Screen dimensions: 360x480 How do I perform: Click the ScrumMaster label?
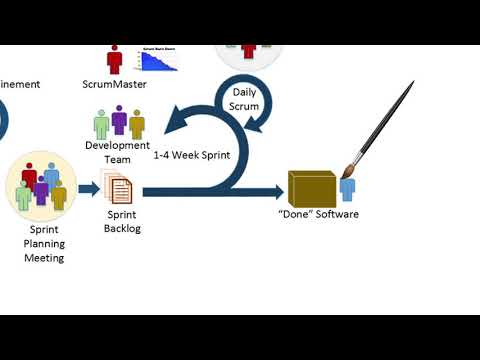[x=114, y=84]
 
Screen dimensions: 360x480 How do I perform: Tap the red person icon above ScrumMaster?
[x=115, y=59]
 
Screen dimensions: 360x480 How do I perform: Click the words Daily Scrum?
[x=244, y=99]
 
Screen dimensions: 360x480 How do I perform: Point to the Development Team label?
[x=117, y=152]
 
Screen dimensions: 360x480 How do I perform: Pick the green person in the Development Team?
[x=101, y=125]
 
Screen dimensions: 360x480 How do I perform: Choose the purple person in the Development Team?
[x=119, y=122]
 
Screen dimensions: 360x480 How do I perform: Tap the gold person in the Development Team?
[x=136, y=125]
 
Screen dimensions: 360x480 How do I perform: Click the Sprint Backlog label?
[x=122, y=221]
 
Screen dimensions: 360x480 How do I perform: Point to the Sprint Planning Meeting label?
[x=44, y=243]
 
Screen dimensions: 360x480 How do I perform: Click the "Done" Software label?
[x=318, y=214]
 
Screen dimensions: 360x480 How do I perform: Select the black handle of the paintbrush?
[x=391, y=109]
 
